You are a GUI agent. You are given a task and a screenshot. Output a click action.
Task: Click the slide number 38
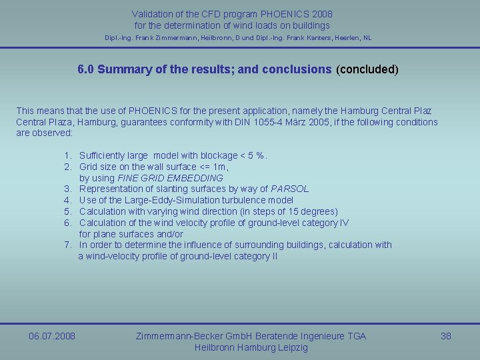446,336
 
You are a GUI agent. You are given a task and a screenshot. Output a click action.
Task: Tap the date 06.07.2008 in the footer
52,336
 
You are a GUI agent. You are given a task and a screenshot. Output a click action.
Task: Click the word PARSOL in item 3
290,189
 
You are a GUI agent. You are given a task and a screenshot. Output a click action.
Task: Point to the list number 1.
68,156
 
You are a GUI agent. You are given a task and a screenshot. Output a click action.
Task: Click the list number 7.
68,245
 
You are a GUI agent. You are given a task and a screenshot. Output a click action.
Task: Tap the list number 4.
68,200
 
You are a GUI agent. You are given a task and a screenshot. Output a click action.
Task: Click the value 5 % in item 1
255,156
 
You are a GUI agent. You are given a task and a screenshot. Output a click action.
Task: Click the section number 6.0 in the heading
86,69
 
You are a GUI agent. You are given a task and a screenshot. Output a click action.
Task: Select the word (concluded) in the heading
367,69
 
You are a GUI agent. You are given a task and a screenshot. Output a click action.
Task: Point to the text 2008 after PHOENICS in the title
319,14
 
